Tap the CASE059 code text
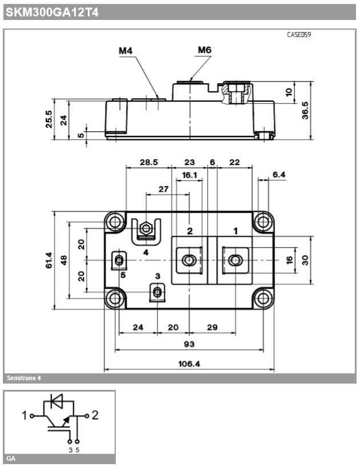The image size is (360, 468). (300, 35)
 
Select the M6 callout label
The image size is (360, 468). (204, 50)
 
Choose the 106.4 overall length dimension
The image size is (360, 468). (189, 363)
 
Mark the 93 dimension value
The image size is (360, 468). (189, 344)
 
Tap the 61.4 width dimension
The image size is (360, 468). (49, 260)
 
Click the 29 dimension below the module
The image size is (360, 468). (212, 327)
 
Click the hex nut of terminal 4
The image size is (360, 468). (146, 229)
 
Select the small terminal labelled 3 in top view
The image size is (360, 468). (157, 293)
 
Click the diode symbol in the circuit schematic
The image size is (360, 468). (58, 402)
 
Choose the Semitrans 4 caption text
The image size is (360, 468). (24, 378)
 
